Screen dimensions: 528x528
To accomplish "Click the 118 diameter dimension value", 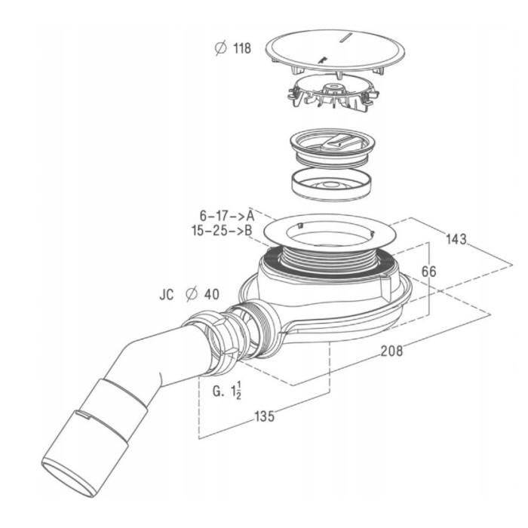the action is (242, 48).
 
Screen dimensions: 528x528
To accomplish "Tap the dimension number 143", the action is (456, 239).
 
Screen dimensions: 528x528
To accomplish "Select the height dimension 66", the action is (429, 272).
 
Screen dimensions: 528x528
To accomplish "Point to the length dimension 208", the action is (392, 351).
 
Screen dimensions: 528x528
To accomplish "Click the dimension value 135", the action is (265, 416).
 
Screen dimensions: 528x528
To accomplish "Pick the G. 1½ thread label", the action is (227, 391).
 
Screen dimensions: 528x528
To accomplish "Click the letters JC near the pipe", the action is (167, 295).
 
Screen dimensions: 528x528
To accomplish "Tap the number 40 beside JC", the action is (212, 295).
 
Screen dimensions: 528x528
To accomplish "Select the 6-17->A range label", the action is (227, 216).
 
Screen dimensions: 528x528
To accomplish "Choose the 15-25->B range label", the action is (222, 231).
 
